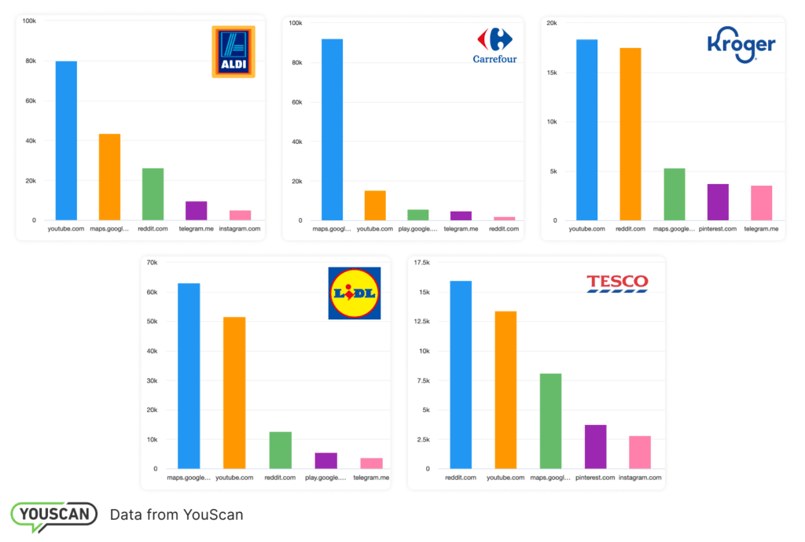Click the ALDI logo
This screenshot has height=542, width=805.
point(233,52)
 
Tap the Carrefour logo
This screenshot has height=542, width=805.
point(494,45)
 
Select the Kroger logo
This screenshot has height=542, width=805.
point(741,46)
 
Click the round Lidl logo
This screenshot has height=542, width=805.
point(354,293)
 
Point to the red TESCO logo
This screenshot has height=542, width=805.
point(617,283)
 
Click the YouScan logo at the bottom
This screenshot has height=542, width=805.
point(53,515)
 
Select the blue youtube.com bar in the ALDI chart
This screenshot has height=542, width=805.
point(66,141)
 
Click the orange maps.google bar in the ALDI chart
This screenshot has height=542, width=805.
point(109,177)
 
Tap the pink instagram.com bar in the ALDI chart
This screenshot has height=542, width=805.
point(240,215)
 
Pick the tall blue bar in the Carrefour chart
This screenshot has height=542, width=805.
point(332,130)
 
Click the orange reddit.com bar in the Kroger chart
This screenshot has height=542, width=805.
point(630,134)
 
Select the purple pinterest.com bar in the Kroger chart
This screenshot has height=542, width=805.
point(718,202)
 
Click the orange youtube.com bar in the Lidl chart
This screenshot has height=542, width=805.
point(234,393)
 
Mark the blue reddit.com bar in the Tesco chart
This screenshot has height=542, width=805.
point(460,374)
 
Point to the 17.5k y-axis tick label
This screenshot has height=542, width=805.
point(421,262)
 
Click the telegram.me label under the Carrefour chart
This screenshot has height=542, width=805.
point(461,229)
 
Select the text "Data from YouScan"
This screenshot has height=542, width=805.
point(176,515)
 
